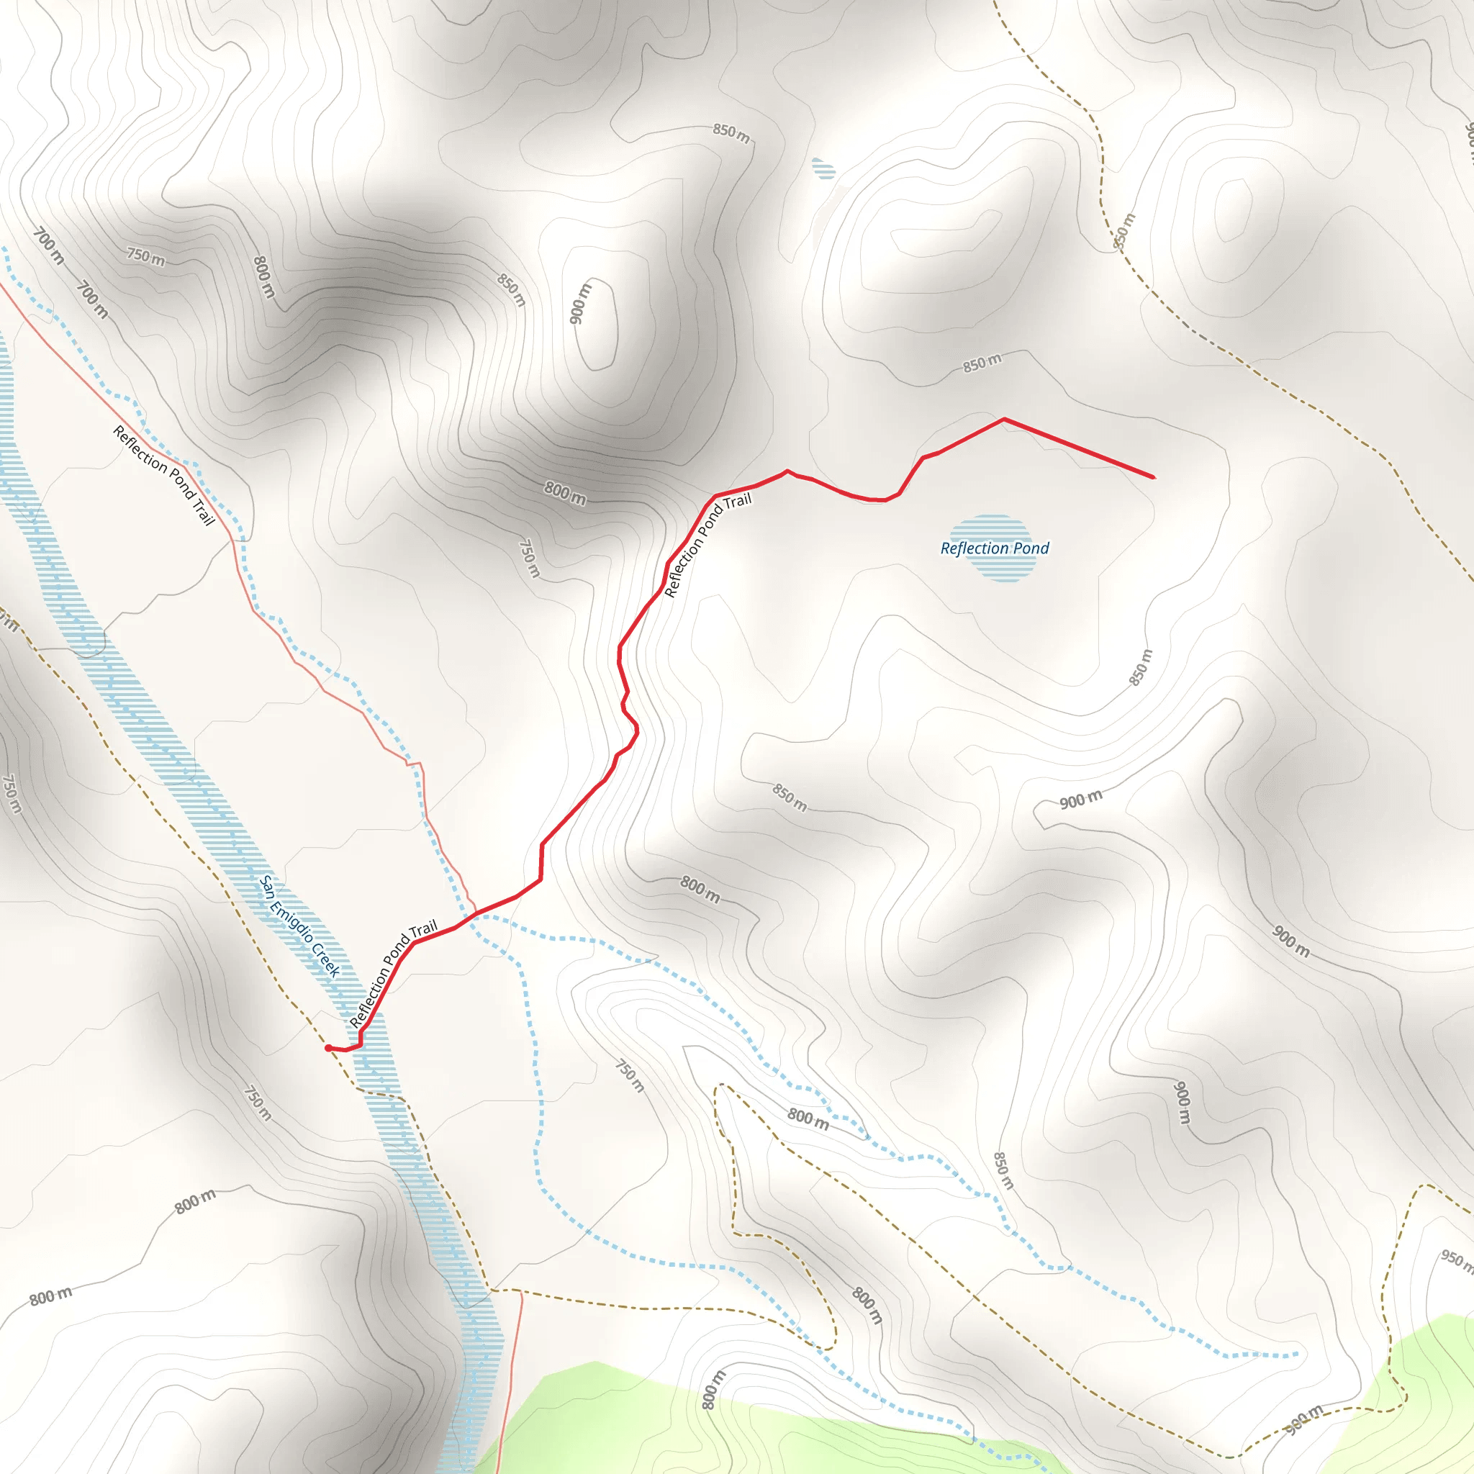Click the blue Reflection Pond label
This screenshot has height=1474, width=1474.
[994, 548]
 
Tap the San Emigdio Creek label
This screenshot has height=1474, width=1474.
[299, 926]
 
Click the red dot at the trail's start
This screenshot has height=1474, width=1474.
[328, 1048]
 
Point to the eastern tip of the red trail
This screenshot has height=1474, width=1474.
[1153, 478]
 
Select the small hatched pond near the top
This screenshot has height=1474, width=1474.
[823, 168]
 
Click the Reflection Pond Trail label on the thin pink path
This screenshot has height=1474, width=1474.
[164, 475]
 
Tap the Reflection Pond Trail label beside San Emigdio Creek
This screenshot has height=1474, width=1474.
[393, 974]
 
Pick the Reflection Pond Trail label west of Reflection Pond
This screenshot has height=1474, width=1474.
[707, 545]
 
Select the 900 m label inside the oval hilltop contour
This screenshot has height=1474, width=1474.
[581, 303]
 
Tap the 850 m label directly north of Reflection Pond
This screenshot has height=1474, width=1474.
[982, 363]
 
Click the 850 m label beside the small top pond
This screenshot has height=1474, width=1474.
[731, 132]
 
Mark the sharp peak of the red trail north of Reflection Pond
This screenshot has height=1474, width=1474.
[1003, 419]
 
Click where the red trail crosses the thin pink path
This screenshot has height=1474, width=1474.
[475, 913]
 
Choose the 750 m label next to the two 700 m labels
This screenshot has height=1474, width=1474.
[145, 256]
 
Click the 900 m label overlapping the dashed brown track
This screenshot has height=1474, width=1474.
[1305, 1418]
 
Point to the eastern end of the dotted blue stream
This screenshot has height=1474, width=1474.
[1296, 1355]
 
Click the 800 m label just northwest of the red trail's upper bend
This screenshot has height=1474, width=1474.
[564, 493]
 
